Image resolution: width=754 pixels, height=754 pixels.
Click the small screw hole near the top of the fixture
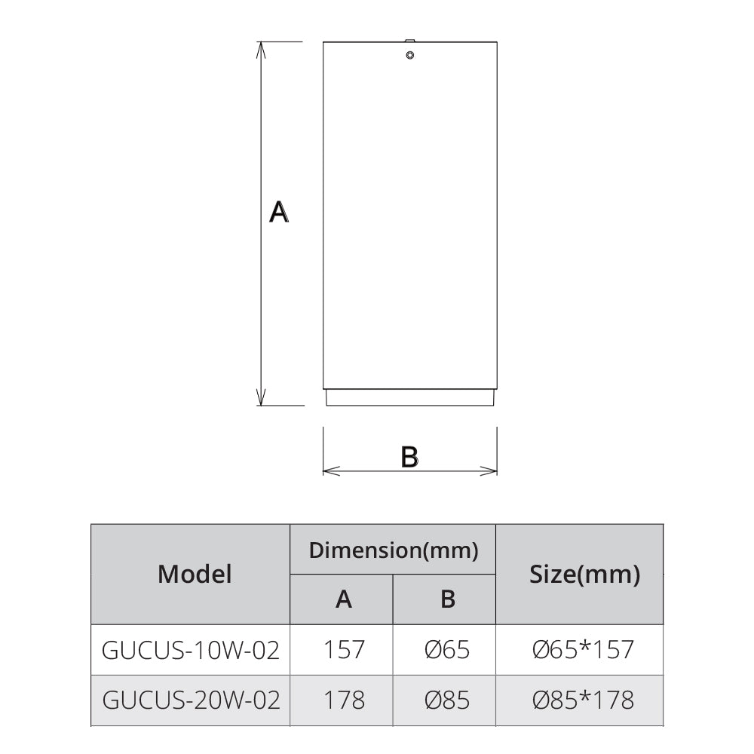pyautogui.click(x=409, y=55)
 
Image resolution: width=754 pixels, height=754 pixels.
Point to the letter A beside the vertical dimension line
pyautogui.click(x=279, y=212)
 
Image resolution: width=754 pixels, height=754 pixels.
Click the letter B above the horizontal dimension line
pyautogui.click(x=409, y=457)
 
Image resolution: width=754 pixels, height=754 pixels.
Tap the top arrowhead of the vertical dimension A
pyautogui.click(x=261, y=50)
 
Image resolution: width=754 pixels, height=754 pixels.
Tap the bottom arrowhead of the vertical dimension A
pyautogui.click(x=261, y=397)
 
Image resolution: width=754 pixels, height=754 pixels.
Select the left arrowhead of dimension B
pyautogui.click(x=331, y=471)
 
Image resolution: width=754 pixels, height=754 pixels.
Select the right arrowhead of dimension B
pyautogui.click(x=489, y=471)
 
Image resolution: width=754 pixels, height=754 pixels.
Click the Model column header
pyautogui.click(x=195, y=574)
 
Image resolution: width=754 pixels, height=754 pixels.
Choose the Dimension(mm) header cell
pyautogui.click(x=394, y=550)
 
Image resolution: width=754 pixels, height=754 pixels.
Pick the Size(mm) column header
pyautogui.click(x=585, y=574)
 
